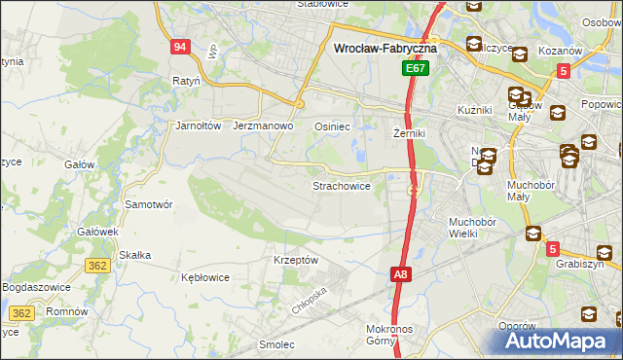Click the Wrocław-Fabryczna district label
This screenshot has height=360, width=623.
coord(385,47)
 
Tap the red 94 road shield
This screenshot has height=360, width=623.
coord(178,48)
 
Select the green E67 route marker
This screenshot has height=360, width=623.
coord(416,69)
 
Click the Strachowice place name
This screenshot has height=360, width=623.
coord(341,185)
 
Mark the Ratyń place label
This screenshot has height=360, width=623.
coord(185,81)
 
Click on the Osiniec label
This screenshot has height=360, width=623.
coord(332,126)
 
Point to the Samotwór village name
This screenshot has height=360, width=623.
coord(149,204)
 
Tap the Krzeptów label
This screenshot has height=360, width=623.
coord(296,260)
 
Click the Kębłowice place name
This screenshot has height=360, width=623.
coord(205,276)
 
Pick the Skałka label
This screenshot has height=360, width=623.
coord(134,255)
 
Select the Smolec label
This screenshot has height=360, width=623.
coord(276,343)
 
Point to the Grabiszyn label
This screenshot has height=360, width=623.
coord(580,264)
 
